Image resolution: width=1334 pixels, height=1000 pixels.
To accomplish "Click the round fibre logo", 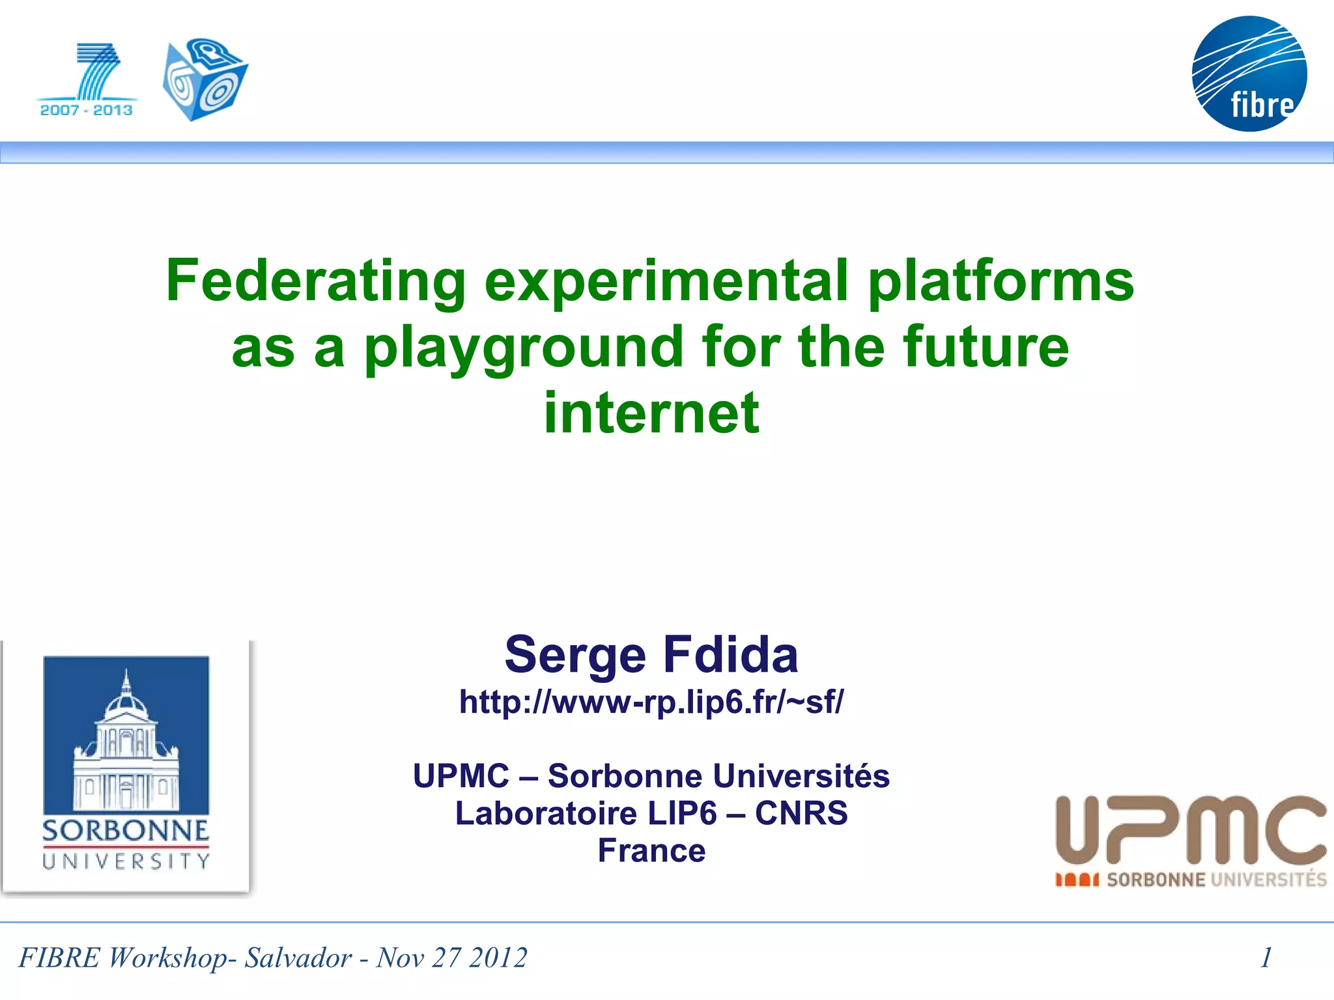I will (x=1249, y=74).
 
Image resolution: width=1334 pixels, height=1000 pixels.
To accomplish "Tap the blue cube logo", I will (x=205, y=79).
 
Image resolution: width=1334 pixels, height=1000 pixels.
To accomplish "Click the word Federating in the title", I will (x=315, y=281).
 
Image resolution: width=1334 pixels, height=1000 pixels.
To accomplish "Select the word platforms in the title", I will (x=1000, y=281).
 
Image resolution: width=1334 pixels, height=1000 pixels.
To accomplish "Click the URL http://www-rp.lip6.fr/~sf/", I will (x=651, y=702).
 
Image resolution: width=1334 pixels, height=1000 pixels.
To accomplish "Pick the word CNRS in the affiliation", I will (x=801, y=813).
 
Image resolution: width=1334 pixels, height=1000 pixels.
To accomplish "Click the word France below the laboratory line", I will (x=651, y=850).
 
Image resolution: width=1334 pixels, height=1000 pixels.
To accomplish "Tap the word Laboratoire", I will (x=546, y=813).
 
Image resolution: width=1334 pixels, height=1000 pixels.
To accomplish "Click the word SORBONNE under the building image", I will (x=126, y=831).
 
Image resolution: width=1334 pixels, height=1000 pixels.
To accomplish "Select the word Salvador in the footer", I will (x=298, y=958).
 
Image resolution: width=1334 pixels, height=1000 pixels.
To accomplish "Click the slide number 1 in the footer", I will (x=1266, y=958).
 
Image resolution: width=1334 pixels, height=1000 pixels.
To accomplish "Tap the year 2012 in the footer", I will (x=498, y=958).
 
